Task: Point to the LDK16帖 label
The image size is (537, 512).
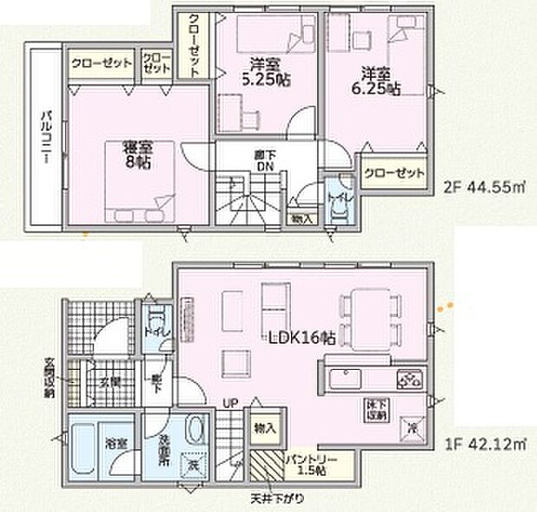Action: click(311, 340)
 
